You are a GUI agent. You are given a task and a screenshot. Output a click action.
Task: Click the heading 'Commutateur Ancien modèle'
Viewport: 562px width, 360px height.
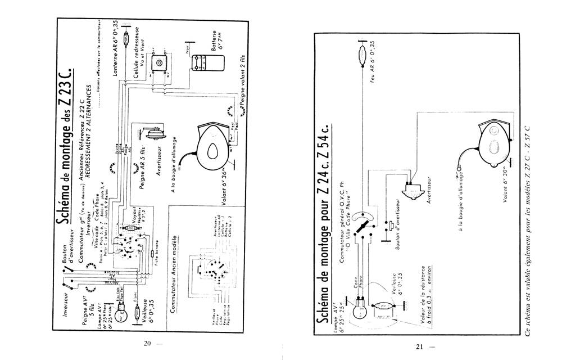click(175, 267)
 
